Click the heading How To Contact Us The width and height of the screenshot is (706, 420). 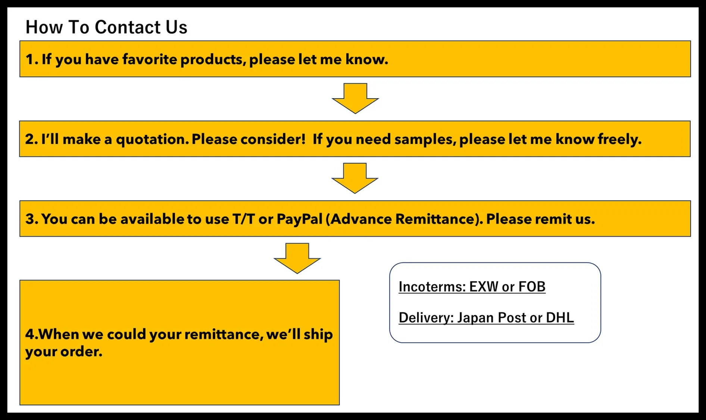pos(106,27)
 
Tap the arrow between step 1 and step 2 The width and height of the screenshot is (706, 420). pos(355,98)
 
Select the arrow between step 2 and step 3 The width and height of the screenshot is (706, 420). pos(355,178)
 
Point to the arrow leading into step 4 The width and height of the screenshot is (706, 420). pos(297,258)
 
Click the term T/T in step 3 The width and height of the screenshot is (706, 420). pos(243,219)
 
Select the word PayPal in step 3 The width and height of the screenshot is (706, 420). pos(299,219)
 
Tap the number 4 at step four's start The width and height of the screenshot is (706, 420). pos(29,334)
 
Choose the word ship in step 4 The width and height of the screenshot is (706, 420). pos(318,334)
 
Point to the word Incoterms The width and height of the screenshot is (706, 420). pos(432,287)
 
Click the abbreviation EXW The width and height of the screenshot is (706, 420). pos(483,287)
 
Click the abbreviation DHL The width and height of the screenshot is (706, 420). pos(560,318)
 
